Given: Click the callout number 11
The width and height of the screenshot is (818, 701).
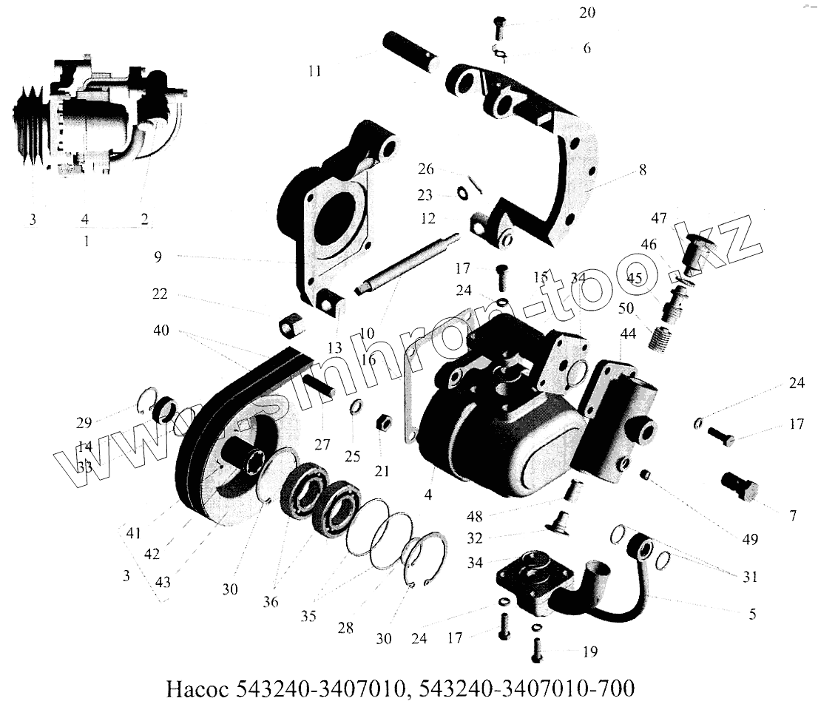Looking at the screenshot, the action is [314, 72].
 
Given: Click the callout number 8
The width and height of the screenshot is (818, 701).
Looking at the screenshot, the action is [642, 170].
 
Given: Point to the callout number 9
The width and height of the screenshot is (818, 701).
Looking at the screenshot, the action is [158, 257].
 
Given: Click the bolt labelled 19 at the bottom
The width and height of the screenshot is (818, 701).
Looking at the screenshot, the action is [538, 651].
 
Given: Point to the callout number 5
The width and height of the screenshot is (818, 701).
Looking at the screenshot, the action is [752, 613].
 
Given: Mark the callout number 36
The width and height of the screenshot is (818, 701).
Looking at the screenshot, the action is [271, 602].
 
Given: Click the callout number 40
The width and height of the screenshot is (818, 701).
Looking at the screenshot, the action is [160, 330].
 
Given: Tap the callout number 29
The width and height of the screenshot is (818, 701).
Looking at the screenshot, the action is [84, 423].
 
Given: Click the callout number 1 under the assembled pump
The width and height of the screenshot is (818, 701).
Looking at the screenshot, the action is [87, 241].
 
